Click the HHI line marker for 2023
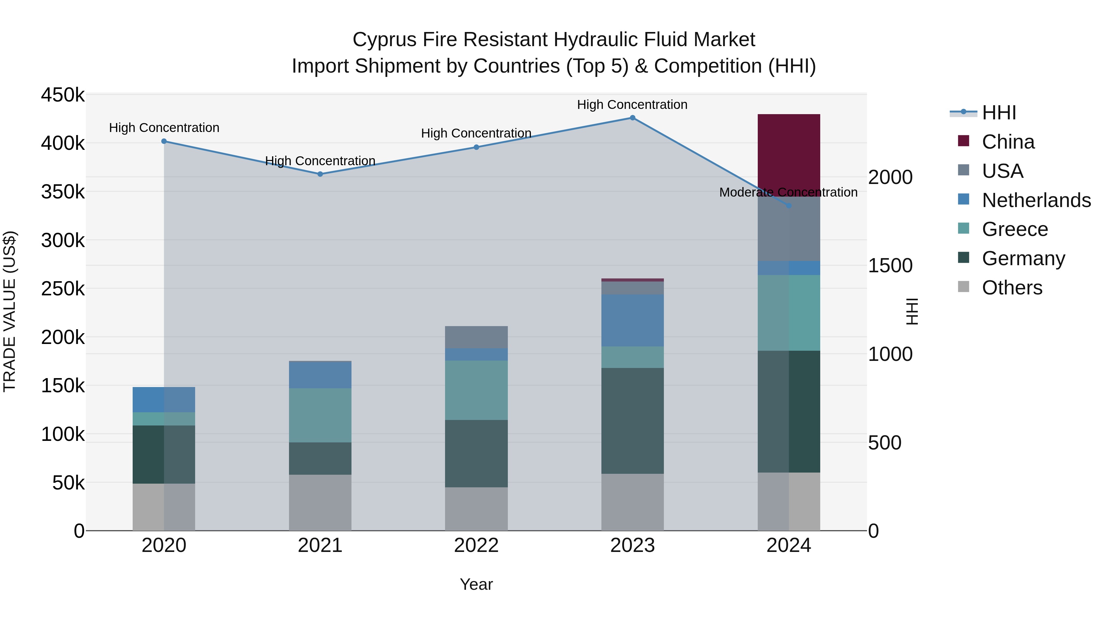click(x=632, y=118)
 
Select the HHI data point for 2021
click(x=320, y=174)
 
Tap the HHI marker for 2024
click(x=789, y=206)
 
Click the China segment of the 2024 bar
click(x=789, y=150)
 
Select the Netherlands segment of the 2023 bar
click(x=632, y=320)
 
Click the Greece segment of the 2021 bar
click(x=320, y=415)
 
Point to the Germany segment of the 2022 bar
click(x=476, y=453)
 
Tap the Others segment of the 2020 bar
click(x=163, y=507)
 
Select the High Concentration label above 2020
click(x=164, y=128)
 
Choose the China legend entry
click(x=1008, y=142)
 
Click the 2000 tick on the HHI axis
click(x=890, y=177)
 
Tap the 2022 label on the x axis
click(x=476, y=545)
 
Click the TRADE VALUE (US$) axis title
click(x=10, y=311)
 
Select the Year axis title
click(x=476, y=584)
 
